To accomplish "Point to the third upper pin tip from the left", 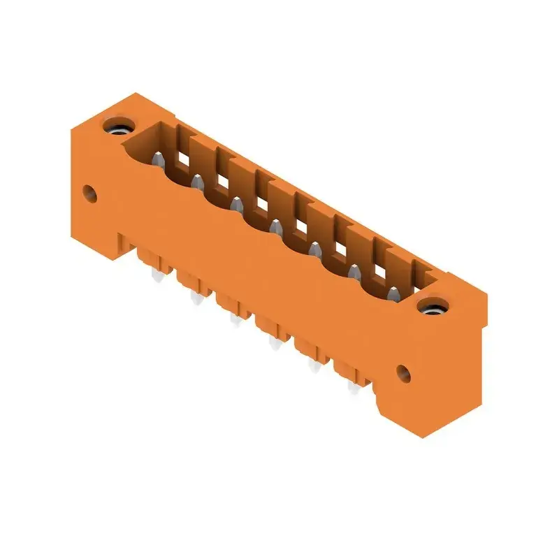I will point(236,204).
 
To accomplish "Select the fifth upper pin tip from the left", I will point(314,248).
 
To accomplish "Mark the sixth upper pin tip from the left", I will point(354,270).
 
